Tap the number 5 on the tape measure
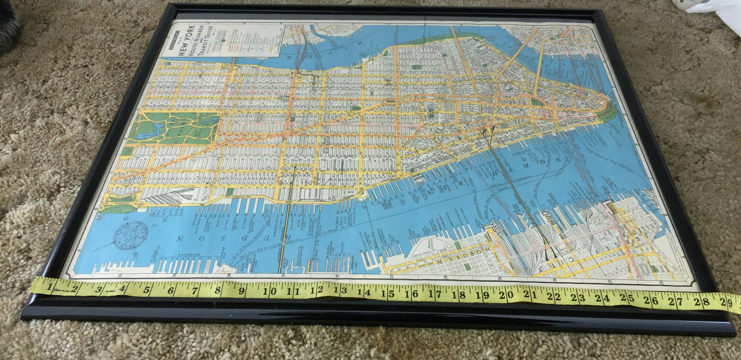(x=147, y=289)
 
